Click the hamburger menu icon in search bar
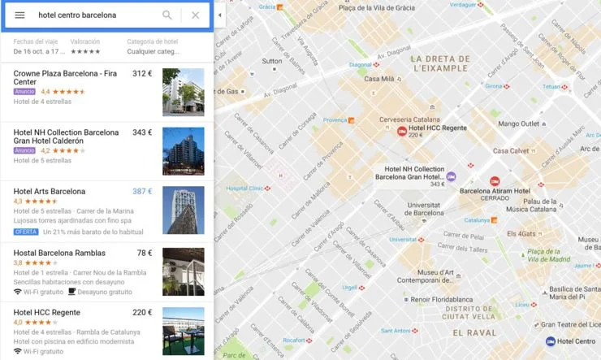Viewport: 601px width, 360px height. click(19, 15)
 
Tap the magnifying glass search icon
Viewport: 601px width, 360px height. click(167, 15)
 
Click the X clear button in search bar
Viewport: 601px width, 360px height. click(196, 15)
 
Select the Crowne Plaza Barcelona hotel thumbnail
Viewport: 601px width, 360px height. click(183, 92)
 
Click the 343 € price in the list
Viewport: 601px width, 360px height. click(142, 132)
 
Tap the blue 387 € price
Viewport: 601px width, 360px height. click(142, 192)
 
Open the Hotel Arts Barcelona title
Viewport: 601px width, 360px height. click(50, 192)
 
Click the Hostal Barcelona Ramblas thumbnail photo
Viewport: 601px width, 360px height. click(183, 271)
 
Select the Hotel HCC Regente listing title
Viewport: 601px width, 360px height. click(47, 312)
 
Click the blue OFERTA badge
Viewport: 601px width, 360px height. click(26, 232)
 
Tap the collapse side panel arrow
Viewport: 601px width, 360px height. click(219, 15)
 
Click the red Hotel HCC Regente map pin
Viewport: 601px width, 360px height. click(401, 130)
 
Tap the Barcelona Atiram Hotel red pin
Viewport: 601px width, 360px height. click(495, 180)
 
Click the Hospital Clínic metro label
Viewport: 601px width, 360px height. click(246, 188)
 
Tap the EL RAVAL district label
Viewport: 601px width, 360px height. click(474, 333)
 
